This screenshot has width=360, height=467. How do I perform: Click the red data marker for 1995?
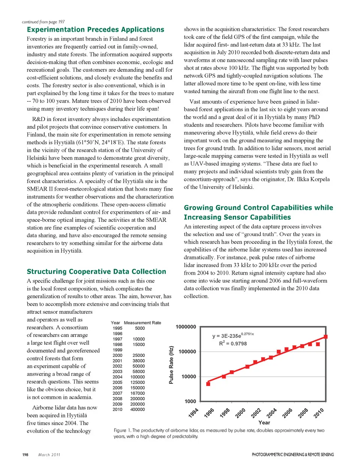(x=208, y=384)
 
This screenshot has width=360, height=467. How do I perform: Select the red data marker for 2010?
(x=325, y=337)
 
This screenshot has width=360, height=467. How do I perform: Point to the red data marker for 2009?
(x=318, y=344)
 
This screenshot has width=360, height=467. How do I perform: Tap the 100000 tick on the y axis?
(x=187, y=352)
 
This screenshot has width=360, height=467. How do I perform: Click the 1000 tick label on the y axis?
(x=190, y=401)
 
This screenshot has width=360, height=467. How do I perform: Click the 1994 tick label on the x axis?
(x=193, y=413)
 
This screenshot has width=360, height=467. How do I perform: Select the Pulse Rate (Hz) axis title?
(x=171, y=365)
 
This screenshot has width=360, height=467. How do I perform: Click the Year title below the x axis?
(x=264, y=422)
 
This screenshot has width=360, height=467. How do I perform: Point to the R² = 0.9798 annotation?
(x=233, y=343)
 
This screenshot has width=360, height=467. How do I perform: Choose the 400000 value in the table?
(x=137, y=410)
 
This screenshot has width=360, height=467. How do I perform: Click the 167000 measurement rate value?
(x=137, y=393)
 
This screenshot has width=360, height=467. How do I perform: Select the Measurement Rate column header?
(x=142, y=323)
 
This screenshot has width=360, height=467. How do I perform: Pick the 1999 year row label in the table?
(x=117, y=350)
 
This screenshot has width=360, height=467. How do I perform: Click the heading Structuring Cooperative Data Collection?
(x=96, y=272)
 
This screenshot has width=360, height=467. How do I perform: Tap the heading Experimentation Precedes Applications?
(x=95, y=30)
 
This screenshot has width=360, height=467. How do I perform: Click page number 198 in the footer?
(x=25, y=455)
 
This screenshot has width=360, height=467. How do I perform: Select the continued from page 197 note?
(x=43, y=22)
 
